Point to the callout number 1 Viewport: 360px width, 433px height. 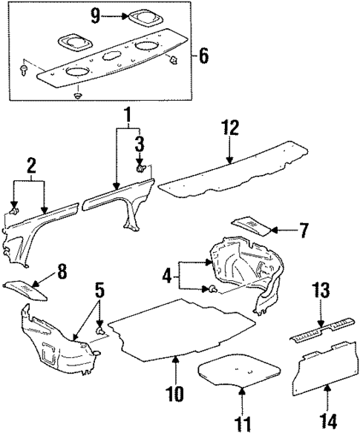(x=127, y=116)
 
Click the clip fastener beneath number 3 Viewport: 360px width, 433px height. (x=140, y=170)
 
